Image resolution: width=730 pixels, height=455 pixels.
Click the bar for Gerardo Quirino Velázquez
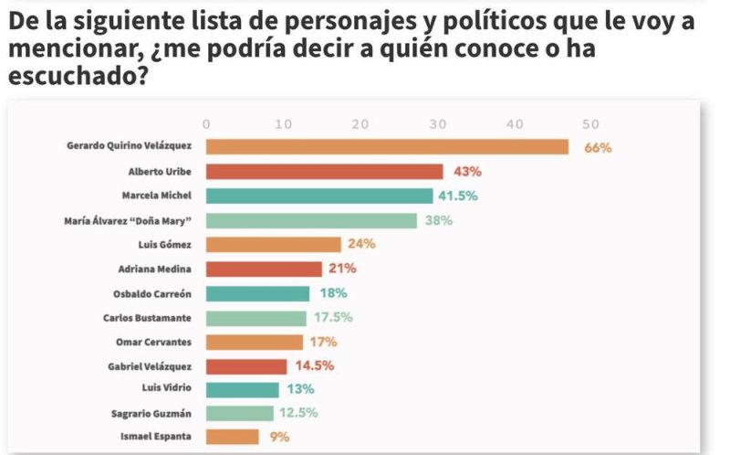(x=387, y=147)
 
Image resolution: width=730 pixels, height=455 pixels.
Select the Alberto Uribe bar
(x=324, y=172)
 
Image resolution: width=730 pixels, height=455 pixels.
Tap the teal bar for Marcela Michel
(x=319, y=196)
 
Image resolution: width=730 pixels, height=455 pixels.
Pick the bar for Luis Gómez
(x=273, y=244)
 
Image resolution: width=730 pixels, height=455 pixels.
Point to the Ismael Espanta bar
(x=233, y=437)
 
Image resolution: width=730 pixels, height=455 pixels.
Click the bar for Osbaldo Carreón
(x=258, y=293)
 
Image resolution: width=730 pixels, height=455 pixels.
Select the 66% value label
(x=597, y=147)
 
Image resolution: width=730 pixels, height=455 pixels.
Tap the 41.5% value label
(x=459, y=196)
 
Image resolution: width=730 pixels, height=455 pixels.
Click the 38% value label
(x=438, y=220)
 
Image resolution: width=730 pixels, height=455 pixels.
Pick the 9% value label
(x=279, y=437)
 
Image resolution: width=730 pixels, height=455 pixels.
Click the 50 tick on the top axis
(x=591, y=124)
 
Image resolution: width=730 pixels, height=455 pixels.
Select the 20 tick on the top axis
(x=360, y=124)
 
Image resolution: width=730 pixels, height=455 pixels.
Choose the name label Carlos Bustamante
(x=147, y=317)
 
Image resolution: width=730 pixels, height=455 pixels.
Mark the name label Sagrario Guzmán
(x=151, y=413)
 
